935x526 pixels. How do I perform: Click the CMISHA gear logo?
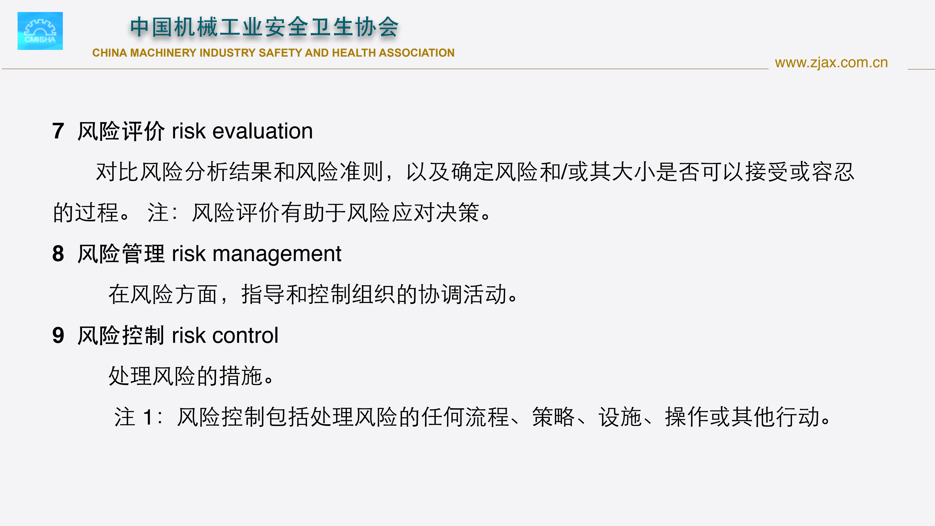pyautogui.click(x=40, y=31)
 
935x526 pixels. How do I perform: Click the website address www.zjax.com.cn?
pyautogui.click(x=831, y=63)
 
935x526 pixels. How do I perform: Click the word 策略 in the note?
pyautogui.click(x=553, y=417)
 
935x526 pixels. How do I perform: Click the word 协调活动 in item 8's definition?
pyautogui.click(x=462, y=294)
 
